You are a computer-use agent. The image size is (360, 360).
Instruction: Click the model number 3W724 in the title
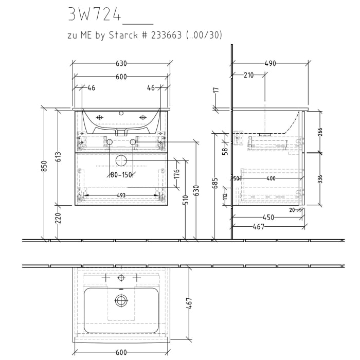pos(94,15)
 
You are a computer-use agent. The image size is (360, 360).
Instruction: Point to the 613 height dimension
pos(58,157)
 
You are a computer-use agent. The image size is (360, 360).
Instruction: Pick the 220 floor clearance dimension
pos(58,218)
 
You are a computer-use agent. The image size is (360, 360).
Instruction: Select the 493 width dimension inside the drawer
pos(121,195)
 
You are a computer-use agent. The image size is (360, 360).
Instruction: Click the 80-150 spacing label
pos(121,175)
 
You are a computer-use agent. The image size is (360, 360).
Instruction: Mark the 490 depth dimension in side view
pos(270,63)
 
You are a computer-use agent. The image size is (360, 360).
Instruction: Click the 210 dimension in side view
pos(248,75)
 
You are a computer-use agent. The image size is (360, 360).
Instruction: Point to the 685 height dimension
pos(216,183)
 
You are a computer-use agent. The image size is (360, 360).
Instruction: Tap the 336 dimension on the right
pos(320,179)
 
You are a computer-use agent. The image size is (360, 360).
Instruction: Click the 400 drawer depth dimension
pos(271,178)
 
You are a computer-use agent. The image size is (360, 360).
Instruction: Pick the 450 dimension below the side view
pos(268,218)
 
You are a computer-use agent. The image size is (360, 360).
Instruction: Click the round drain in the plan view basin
pos(121,300)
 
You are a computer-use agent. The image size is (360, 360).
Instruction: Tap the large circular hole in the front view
pos(121,160)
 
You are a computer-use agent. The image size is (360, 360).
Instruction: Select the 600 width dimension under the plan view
pos(121,352)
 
